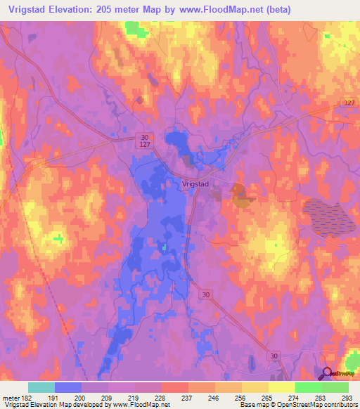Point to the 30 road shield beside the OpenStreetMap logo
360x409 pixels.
click(x=274, y=358)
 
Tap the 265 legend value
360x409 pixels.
click(x=266, y=398)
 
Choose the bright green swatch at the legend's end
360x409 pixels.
click(x=335, y=387)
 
